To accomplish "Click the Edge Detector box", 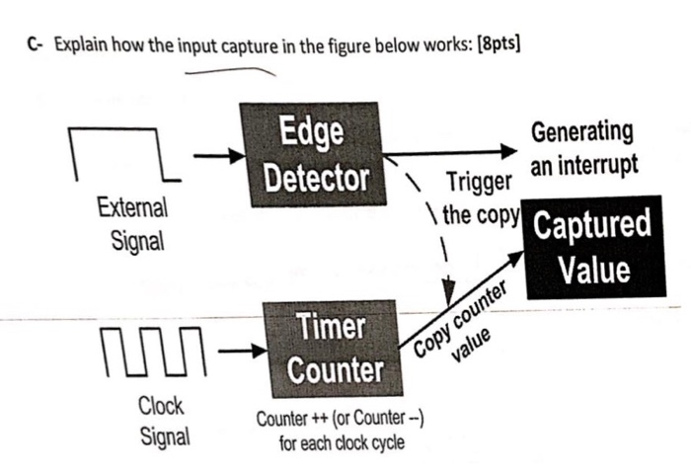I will pos(308,155).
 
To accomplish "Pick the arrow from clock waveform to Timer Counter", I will pos(242,350).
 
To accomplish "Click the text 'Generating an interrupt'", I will pos(581,148).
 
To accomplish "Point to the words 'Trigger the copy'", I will pos(479,198).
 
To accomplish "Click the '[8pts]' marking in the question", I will pos(495,45).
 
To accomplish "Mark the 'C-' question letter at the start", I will pos(36,45).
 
